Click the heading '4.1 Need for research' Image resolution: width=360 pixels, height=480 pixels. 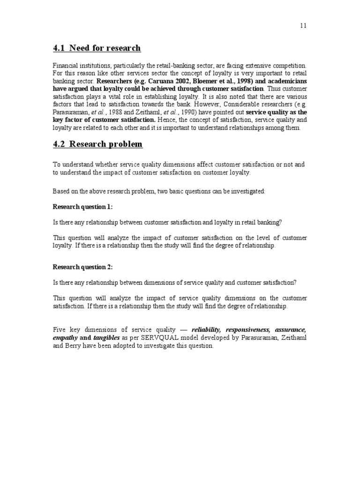click(97, 48)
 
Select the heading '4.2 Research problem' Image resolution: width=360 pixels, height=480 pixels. click(97, 144)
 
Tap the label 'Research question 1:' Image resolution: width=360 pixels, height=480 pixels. click(82, 207)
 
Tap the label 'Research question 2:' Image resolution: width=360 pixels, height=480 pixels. click(82, 267)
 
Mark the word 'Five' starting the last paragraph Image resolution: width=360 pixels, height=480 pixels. click(59, 330)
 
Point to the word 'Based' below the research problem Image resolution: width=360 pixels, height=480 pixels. click(60, 192)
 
